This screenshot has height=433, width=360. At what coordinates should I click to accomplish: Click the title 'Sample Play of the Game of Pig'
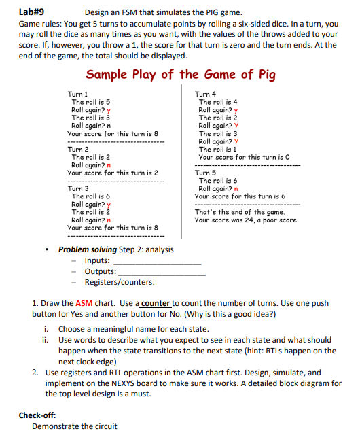[x=180, y=74]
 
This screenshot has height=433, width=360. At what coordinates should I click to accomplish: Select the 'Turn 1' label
[x=78, y=94]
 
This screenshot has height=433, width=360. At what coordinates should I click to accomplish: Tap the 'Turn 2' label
[x=78, y=149]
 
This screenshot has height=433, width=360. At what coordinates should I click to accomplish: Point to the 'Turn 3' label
[x=78, y=189]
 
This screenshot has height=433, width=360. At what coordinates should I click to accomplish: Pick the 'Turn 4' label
[x=205, y=94]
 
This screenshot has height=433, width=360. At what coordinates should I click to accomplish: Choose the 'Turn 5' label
[x=205, y=173]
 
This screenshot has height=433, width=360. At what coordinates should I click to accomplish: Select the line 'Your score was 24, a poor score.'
[x=247, y=220]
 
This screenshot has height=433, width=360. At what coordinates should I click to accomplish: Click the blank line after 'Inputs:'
[x=158, y=261]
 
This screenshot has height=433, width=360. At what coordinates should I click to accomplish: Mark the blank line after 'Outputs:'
[x=162, y=272]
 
